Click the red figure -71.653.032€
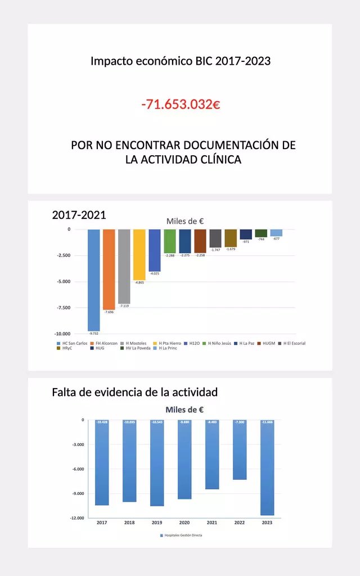(x=180, y=104)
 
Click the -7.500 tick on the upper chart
(x=62, y=308)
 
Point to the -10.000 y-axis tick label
(x=62, y=334)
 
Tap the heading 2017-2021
(x=79, y=215)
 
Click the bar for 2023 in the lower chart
(x=267, y=467)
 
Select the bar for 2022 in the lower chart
(x=240, y=450)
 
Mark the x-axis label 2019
(x=157, y=523)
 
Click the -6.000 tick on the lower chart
(x=78, y=469)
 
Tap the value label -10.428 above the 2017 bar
(x=102, y=422)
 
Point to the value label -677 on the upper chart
(x=276, y=239)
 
